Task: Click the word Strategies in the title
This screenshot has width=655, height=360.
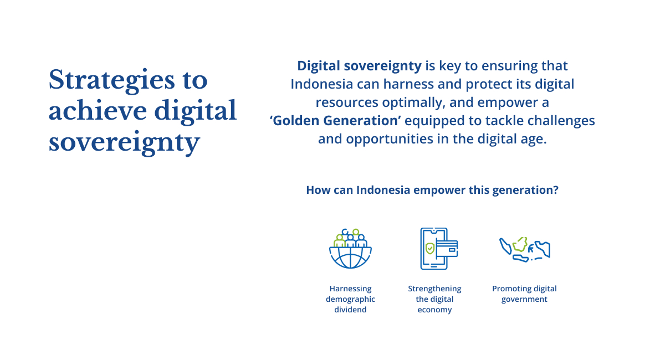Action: pos(112,81)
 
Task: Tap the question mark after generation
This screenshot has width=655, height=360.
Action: pos(556,190)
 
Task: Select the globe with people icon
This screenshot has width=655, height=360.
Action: pos(350,249)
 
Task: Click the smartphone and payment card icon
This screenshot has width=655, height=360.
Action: pos(439,249)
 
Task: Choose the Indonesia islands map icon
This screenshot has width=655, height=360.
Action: pos(525,249)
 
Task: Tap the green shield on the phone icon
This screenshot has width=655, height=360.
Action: pos(429,249)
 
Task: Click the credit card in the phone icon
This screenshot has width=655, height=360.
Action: pos(448,249)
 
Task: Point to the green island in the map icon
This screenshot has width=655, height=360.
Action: pos(521,244)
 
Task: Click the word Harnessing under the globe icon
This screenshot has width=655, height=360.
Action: pos(350,289)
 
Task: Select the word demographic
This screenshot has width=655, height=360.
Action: pos(350,300)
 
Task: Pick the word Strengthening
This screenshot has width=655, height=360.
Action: pos(434,289)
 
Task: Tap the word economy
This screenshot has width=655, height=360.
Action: pos(434,310)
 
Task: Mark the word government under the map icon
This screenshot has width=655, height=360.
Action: pos(524,300)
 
